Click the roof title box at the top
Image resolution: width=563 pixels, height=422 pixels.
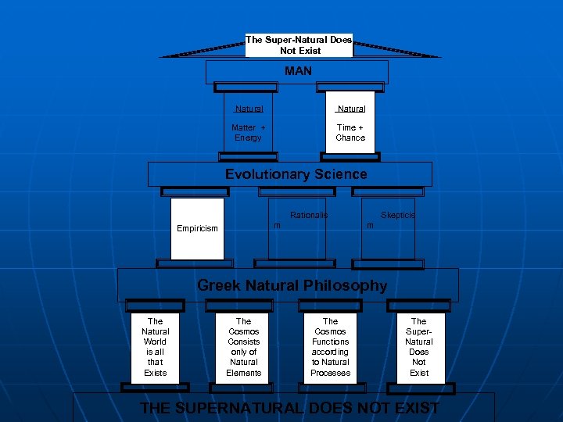click(x=299, y=45)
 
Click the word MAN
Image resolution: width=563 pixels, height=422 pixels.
click(x=298, y=71)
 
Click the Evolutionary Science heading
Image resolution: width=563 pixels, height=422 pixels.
click(x=296, y=174)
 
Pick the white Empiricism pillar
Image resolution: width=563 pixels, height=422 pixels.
click(x=197, y=228)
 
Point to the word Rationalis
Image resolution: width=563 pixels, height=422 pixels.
click(x=309, y=215)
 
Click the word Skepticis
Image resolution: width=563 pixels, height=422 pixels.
click(x=398, y=215)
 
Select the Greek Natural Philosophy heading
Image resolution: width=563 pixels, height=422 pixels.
click(x=292, y=285)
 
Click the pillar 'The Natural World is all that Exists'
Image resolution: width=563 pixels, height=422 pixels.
click(x=155, y=347)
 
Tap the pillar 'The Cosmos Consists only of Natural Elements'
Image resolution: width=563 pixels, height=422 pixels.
click(x=243, y=347)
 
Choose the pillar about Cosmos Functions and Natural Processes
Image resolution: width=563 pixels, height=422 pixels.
click(x=330, y=347)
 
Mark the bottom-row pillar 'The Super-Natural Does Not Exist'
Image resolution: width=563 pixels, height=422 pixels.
click(x=419, y=347)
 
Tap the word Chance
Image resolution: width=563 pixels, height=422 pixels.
click(x=350, y=138)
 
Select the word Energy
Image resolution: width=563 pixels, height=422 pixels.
click(x=248, y=138)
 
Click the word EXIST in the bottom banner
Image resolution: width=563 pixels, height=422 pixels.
click(x=413, y=408)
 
